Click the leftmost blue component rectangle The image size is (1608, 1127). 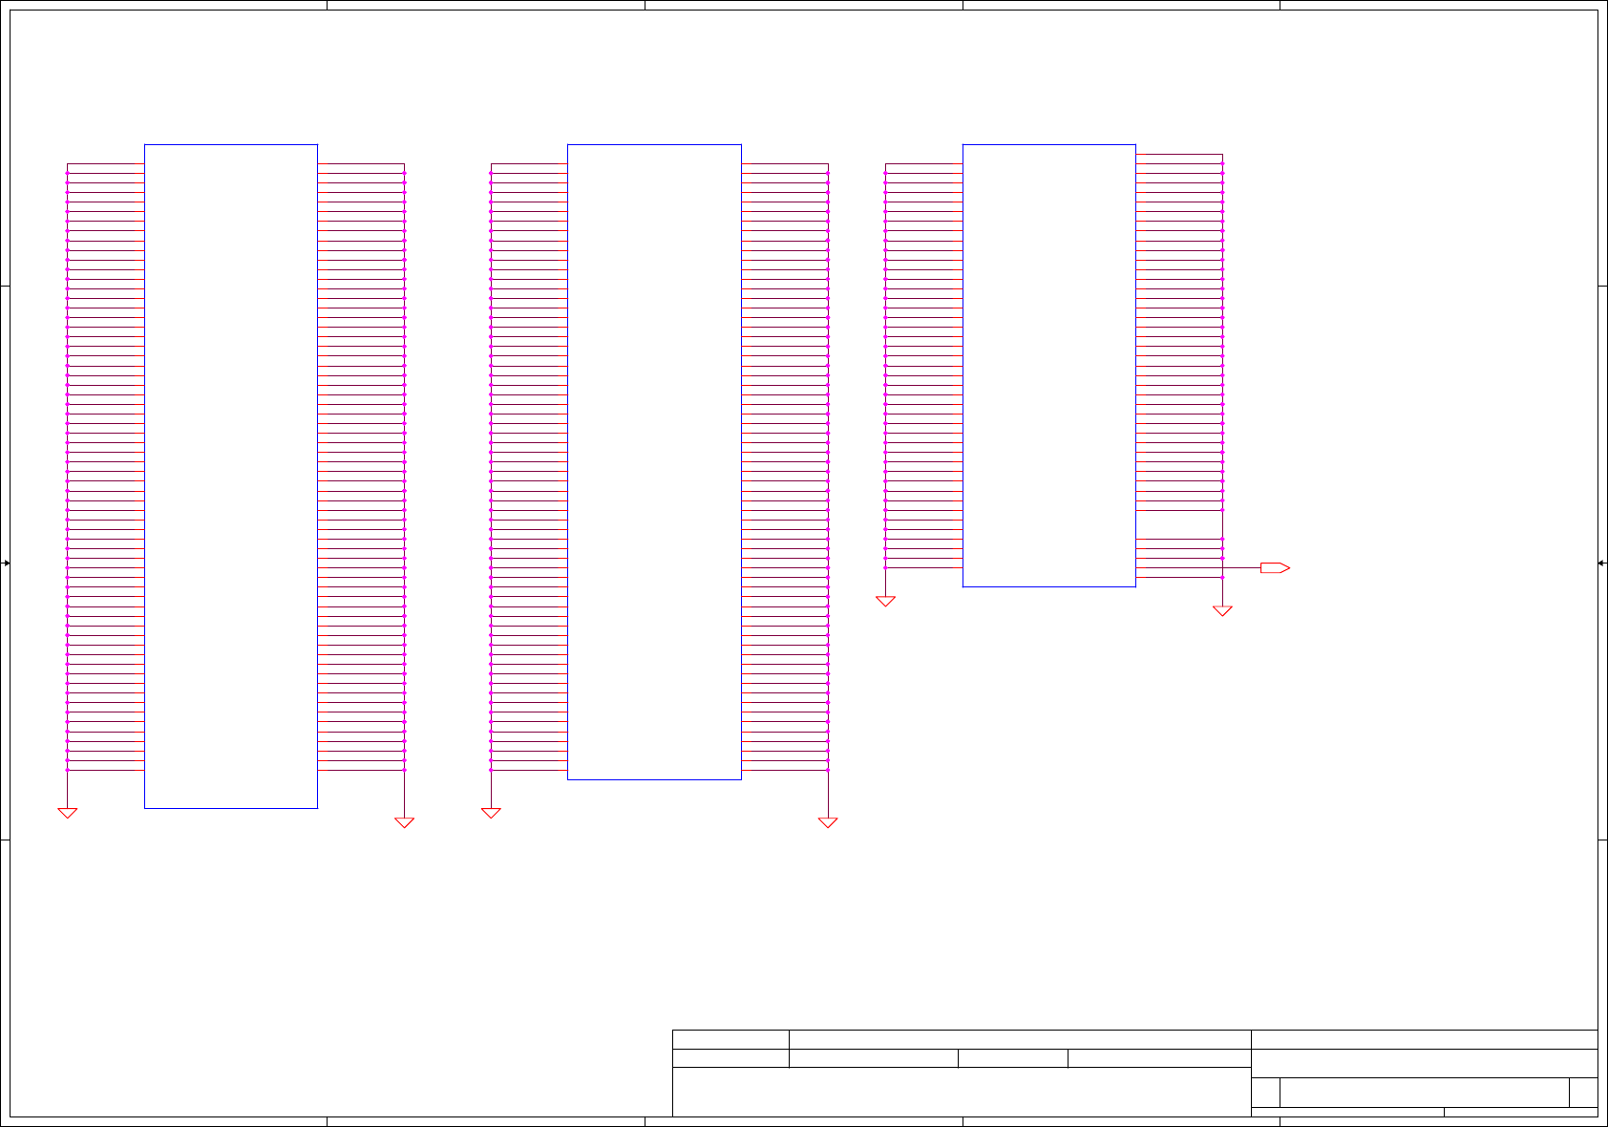[x=230, y=476]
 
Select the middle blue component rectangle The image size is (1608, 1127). [x=654, y=461]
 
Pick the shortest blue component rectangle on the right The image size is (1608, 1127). [x=1048, y=365]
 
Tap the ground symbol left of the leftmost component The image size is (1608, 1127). [x=67, y=813]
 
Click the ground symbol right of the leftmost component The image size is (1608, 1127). [x=404, y=822]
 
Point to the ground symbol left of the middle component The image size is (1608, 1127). [x=491, y=813]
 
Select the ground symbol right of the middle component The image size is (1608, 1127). [x=828, y=822]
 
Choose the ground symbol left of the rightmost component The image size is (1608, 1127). [x=885, y=601]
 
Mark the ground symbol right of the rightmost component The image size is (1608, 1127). [x=1222, y=610]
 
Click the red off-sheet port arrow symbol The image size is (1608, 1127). [x=1275, y=567]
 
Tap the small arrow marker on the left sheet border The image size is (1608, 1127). [x=6, y=563]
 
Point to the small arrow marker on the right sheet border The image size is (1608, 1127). [x=1602, y=563]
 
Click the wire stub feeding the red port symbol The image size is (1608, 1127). [x=1241, y=567]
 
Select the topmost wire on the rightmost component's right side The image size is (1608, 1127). [x=1178, y=154]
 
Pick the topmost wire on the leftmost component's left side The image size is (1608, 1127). [x=105, y=163]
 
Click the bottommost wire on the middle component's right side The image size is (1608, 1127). [x=784, y=770]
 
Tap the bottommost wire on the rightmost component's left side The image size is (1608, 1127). [x=923, y=567]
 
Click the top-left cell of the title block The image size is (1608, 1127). [x=730, y=1039]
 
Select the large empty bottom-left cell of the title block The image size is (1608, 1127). [x=961, y=1092]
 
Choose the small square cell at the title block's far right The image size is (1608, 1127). [x=1583, y=1092]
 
